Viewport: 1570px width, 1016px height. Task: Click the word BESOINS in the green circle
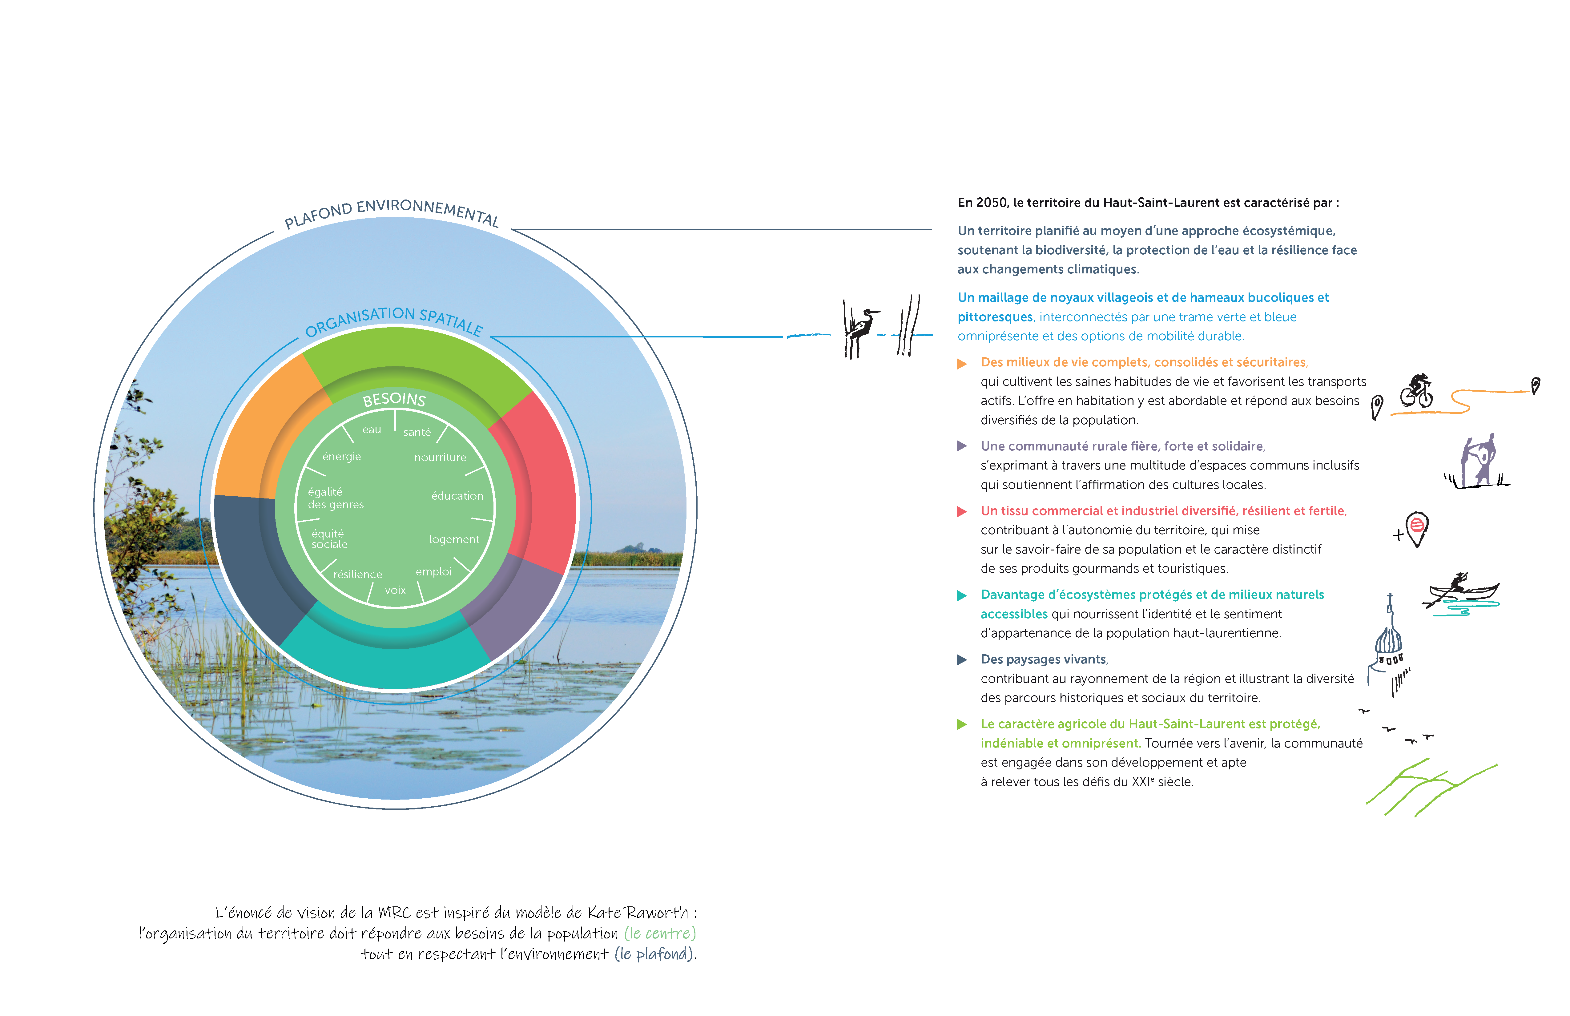coord(394,399)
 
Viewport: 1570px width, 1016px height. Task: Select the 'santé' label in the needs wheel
coord(417,432)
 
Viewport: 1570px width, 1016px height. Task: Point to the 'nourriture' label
coord(440,457)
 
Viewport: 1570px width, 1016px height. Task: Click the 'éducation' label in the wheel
coord(457,495)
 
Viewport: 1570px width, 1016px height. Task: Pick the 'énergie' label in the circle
coord(342,457)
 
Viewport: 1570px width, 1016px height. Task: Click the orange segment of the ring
coord(264,429)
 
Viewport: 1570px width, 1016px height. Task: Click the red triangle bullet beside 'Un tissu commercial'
coord(962,511)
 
